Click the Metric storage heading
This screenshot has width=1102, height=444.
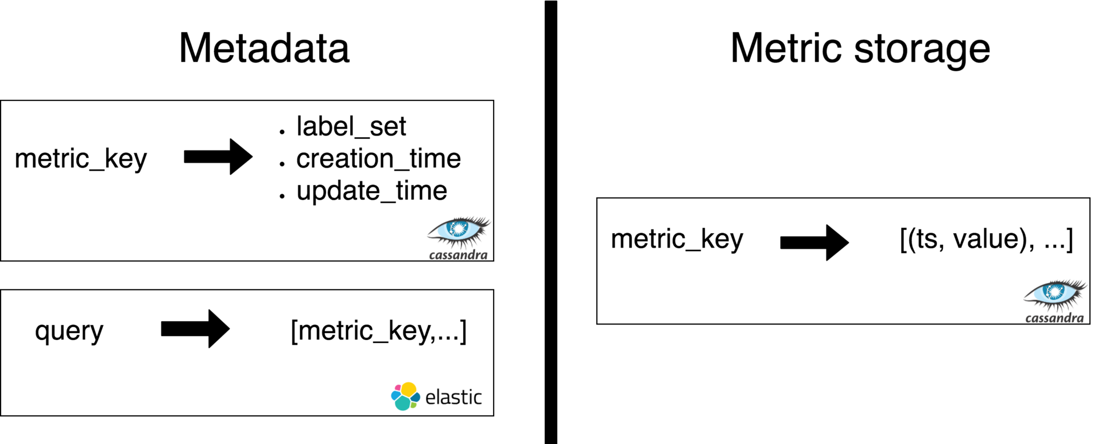pos(860,49)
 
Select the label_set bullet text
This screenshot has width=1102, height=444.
pos(351,126)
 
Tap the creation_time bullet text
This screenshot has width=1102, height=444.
pos(378,159)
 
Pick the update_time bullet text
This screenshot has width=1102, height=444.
pos(371,191)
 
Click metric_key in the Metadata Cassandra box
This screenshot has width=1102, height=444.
pos(81,159)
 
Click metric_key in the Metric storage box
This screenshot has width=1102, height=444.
pos(677,239)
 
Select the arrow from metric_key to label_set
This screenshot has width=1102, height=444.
pos(218,156)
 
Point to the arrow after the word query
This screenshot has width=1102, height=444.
pos(195,329)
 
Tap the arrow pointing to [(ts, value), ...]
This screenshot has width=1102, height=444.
pos(814,242)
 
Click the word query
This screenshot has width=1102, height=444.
pos(69,331)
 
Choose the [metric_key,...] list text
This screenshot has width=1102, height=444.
pos(379,331)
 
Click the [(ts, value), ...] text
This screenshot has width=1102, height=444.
pos(986,239)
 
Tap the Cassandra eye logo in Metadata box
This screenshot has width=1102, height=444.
pos(459,231)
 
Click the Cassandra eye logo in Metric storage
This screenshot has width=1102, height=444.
pos(1055,294)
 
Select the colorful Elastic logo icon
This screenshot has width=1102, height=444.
pos(405,396)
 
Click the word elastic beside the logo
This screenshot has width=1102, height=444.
pos(453,397)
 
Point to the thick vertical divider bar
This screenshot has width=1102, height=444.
pos(551,222)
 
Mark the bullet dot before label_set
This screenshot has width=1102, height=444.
pos(282,132)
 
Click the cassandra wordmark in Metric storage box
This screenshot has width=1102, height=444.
pos(1054,318)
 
